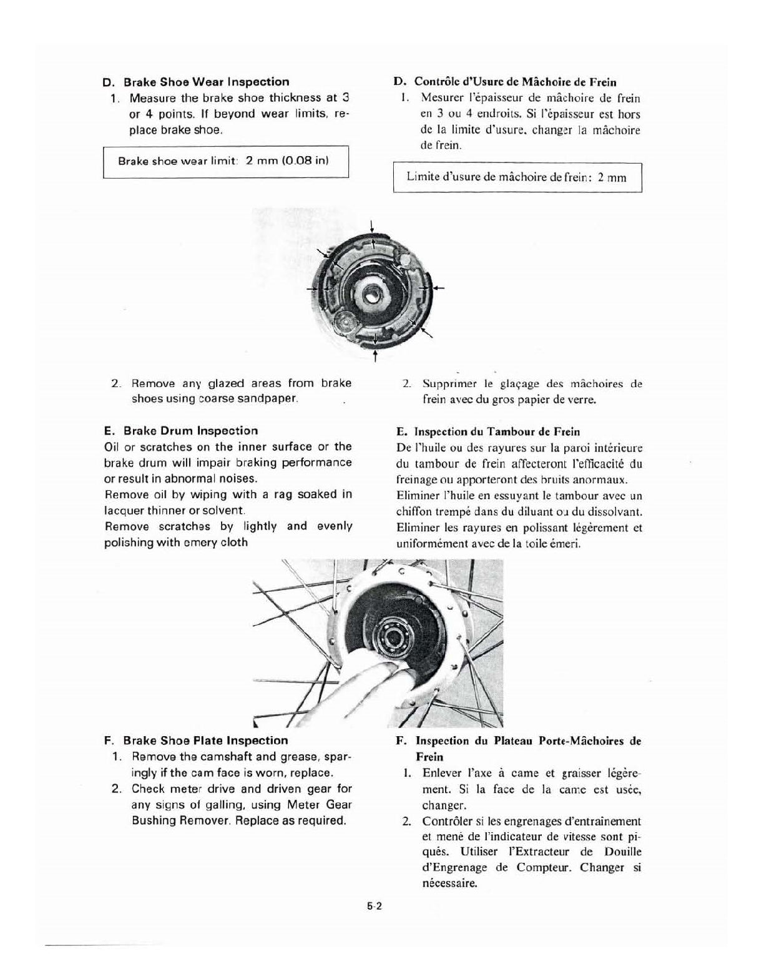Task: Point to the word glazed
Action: point(227,383)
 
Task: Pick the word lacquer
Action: point(123,510)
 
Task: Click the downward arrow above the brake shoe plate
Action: point(372,227)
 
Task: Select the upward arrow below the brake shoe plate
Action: point(375,357)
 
